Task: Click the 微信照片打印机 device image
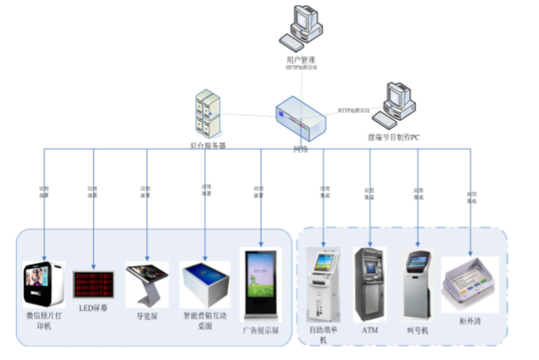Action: (x=43, y=284)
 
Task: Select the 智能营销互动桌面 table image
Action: (x=204, y=285)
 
